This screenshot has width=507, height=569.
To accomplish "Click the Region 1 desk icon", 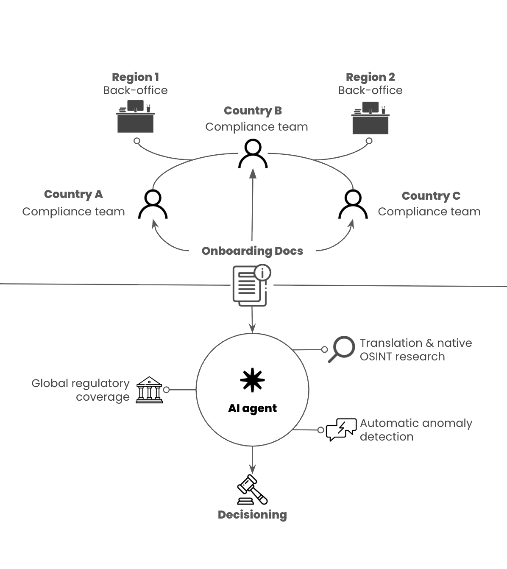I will [x=135, y=117].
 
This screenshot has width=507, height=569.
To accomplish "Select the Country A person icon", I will [x=153, y=204].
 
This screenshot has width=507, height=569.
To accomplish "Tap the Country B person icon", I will [x=253, y=154].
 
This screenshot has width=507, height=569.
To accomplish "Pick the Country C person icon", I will [x=353, y=204].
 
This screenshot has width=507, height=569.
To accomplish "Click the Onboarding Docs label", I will [x=252, y=251].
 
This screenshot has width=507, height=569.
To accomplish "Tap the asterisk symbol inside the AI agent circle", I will [x=252, y=380].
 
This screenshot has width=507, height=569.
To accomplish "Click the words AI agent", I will [x=252, y=408].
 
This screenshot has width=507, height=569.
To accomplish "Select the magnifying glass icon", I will [x=342, y=349].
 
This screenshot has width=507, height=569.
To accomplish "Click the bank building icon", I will [x=149, y=390].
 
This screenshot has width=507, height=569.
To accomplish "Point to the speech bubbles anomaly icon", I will [x=341, y=430].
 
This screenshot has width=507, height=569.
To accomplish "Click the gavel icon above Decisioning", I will [x=252, y=490].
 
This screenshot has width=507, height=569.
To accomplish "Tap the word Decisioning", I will [x=252, y=515].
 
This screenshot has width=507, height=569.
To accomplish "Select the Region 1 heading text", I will [x=135, y=77].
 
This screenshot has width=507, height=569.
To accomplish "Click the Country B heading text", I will [x=253, y=111].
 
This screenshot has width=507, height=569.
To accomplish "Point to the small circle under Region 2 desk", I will [x=369, y=141].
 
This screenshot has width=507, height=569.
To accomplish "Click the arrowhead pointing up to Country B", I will [x=253, y=173].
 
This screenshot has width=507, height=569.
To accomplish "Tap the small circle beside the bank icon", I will [x=166, y=390].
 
